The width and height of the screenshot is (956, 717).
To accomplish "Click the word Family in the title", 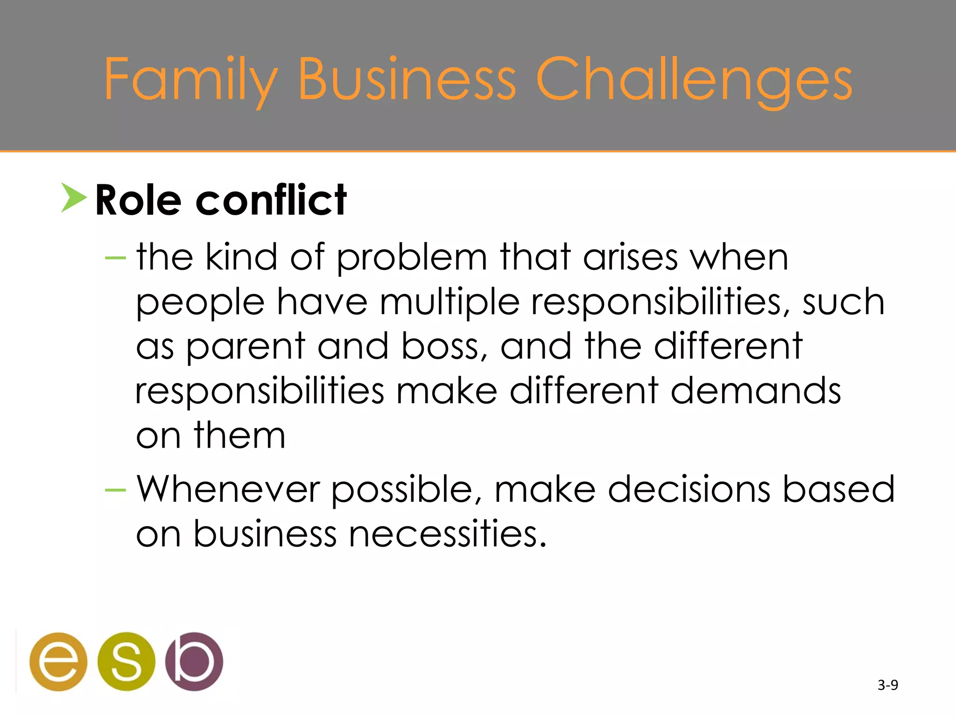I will [x=190, y=79].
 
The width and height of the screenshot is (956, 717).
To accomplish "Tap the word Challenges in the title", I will [x=694, y=79].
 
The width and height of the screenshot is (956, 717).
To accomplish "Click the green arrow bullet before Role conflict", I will [x=73, y=198].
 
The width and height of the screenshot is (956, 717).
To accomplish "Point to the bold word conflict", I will [x=271, y=201].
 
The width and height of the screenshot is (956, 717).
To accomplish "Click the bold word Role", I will [x=138, y=201].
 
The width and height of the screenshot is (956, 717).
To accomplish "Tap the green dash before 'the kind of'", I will [x=115, y=258].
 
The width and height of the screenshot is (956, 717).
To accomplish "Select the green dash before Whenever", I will [x=115, y=490].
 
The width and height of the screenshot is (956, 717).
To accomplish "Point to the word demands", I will [x=756, y=391].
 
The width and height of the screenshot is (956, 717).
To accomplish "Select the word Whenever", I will [x=228, y=489].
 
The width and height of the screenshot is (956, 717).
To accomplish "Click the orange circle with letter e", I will [x=58, y=661].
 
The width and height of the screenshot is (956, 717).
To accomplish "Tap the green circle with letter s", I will [x=126, y=661].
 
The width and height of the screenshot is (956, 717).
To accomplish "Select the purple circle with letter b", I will [x=194, y=661].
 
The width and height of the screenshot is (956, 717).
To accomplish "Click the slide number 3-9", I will [x=887, y=685].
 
